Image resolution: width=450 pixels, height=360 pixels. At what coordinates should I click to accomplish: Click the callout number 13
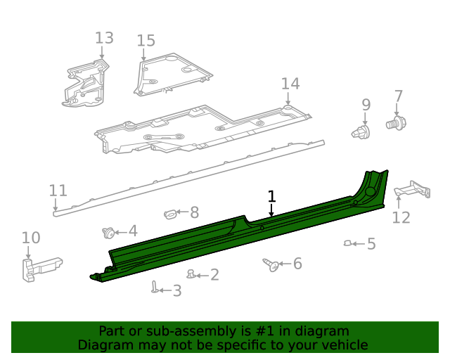point(104,37)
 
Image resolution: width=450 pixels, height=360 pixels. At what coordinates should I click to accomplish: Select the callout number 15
point(146,41)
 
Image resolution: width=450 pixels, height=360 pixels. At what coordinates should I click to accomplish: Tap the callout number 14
point(290,84)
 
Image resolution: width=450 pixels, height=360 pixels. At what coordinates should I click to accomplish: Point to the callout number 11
point(58,191)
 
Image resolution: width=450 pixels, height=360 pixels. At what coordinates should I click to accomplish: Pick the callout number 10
point(31,238)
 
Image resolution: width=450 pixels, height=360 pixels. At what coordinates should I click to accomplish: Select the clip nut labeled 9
point(361,131)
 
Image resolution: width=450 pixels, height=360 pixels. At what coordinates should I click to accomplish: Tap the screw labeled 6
point(269,264)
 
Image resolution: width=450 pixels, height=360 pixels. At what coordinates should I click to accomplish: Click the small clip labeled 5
point(347,243)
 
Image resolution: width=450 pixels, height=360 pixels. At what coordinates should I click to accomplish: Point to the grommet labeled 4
point(108,232)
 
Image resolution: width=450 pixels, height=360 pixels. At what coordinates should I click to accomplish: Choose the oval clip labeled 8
point(171,212)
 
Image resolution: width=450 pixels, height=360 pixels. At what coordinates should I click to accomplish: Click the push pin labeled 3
point(154,286)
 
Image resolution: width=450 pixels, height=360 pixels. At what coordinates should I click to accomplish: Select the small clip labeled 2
point(191,274)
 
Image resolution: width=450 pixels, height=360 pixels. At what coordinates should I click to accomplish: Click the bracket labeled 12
point(411,189)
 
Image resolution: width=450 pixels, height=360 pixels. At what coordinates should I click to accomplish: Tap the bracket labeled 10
point(39,268)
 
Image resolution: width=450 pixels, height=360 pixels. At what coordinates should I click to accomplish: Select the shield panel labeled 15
point(172,75)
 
